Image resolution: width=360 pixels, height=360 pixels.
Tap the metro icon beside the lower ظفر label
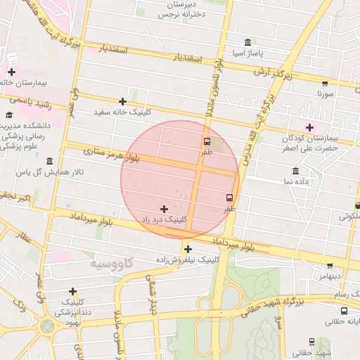pyautogui.click(x=229, y=198)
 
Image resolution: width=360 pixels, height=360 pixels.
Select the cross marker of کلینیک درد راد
pyautogui.click(x=165, y=209)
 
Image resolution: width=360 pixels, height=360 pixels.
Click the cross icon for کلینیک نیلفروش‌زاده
pyautogui.click(x=188, y=249)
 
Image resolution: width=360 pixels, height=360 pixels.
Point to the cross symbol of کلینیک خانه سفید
pyautogui.click(x=123, y=102)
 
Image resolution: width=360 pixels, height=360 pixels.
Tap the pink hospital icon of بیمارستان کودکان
pyautogui.click(x=309, y=127)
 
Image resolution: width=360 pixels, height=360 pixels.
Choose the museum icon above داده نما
pyautogui.click(x=295, y=172)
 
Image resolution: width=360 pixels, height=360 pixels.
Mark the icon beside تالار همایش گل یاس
pyautogui.click(x=49, y=162)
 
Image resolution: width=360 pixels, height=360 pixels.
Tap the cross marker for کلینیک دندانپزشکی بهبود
pyautogui.click(x=72, y=291)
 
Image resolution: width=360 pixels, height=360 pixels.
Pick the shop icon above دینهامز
pyautogui.click(x=330, y=266)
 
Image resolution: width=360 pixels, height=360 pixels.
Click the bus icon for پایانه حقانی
pyautogui.click(x=343, y=311)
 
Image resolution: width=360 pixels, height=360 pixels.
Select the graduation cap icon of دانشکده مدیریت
pyautogui.click(x=9, y=115)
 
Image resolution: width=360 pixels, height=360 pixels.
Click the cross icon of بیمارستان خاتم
pyautogui.click(x=11, y=72)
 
